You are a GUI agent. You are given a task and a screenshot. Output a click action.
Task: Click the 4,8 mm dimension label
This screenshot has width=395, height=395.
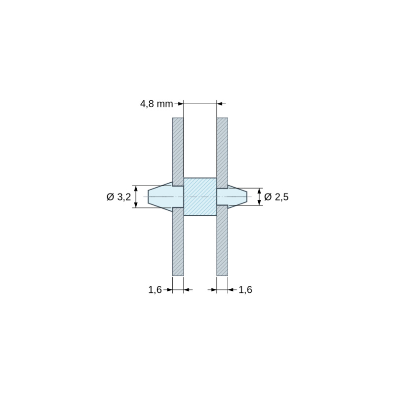157,104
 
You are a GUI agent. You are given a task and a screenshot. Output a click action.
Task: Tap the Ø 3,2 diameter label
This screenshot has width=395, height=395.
119,197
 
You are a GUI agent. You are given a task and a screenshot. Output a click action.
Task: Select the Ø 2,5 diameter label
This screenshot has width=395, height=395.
276,197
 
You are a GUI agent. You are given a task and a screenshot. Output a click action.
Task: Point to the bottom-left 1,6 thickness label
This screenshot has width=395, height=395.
155,290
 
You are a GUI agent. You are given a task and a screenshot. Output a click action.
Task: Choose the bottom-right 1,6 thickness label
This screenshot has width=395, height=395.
245,290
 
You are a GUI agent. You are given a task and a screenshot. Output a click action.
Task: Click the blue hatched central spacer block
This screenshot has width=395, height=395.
200,197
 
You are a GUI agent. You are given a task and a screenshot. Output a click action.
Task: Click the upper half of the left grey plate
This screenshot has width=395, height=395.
178,152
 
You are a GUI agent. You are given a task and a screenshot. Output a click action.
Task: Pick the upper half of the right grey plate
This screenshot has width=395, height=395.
222,153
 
